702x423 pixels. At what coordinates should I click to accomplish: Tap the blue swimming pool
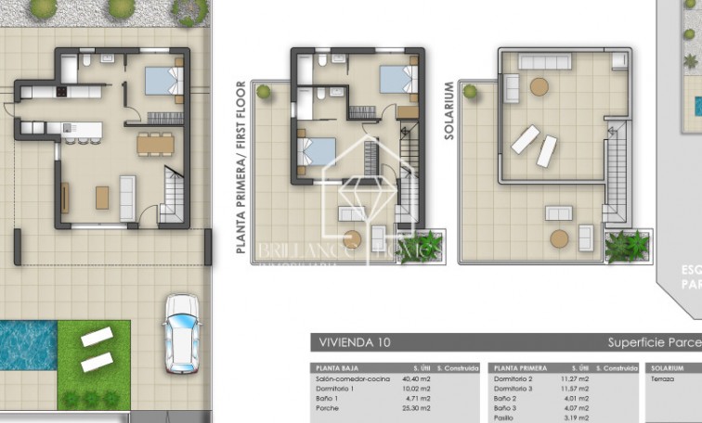(27, 344)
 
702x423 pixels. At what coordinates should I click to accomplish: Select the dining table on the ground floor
(155, 144)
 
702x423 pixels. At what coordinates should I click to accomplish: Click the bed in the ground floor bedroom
(163, 81)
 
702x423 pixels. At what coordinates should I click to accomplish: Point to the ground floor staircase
(173, 196)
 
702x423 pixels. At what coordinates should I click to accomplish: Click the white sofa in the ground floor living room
(127, 197)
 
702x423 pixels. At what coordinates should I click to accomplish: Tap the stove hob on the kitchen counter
(62, 92)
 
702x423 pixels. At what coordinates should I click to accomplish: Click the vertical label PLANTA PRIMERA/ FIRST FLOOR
(240, 167)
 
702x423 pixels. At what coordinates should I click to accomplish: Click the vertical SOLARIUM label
(448, 110)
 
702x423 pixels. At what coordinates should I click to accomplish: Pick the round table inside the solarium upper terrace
(539, 87)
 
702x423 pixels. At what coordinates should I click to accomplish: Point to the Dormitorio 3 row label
(513, 388)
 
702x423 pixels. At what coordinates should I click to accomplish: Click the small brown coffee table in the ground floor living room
(101, 197)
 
